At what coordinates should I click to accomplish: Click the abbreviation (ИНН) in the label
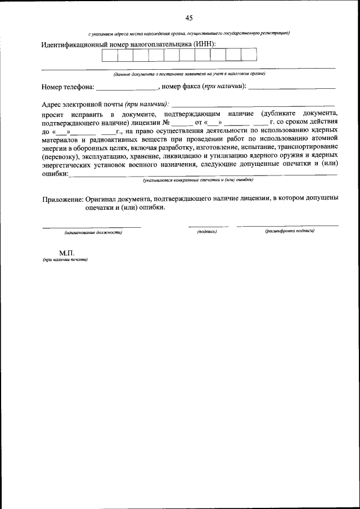click(x=205, y=44)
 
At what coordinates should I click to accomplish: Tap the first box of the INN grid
click(x=110, y=55)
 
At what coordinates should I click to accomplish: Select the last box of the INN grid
click(x=249, y=55)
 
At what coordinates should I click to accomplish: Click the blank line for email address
click(x=253, y=105)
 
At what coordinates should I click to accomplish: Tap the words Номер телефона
click(x=67, y=87)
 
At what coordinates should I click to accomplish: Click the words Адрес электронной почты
click(x=82, y=104)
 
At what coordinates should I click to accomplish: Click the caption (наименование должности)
click(x=93, y=232)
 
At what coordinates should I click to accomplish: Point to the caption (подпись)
click(x=206, y=231)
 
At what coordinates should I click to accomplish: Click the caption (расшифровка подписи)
click(x=289, y=231)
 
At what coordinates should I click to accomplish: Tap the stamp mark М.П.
click(x=66, y=253)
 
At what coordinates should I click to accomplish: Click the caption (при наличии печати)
click(x=65, y=260)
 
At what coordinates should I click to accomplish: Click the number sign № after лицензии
click(x=166, y=122)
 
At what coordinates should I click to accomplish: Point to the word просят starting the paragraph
click(x=52, y=114)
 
